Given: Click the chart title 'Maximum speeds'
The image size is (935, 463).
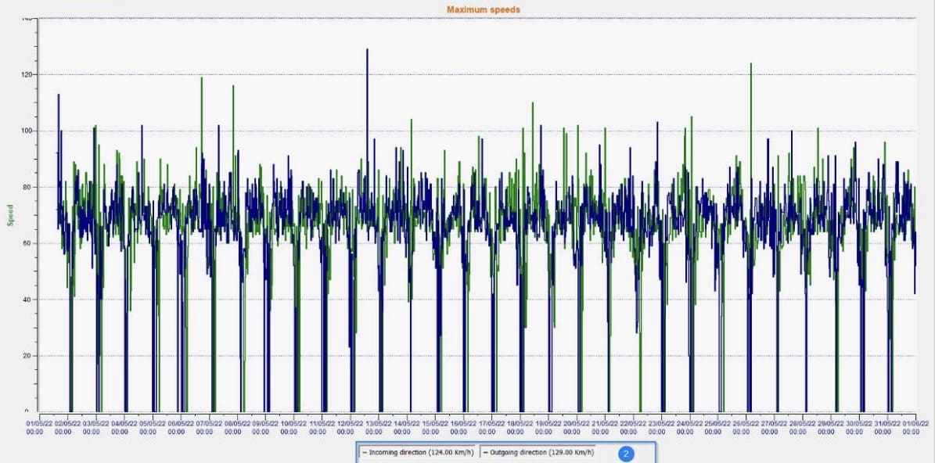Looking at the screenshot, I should coord(483,9).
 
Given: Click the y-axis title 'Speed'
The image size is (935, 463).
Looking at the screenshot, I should coord(11,215).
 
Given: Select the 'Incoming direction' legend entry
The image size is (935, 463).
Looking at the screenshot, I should coord(416,452).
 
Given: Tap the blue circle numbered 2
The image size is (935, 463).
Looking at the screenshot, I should coord(626,453).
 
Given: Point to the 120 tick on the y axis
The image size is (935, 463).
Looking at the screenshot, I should coord(27,74).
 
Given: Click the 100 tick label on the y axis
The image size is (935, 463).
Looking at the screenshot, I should coord(27,131).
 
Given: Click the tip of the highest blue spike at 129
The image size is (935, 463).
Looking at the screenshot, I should coord(367,49).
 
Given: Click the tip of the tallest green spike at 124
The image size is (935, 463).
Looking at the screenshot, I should coord(751,63).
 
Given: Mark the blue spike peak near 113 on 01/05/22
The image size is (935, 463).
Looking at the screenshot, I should coord(58,95).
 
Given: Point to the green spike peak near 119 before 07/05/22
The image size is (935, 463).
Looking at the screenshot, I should coord(202,77).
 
